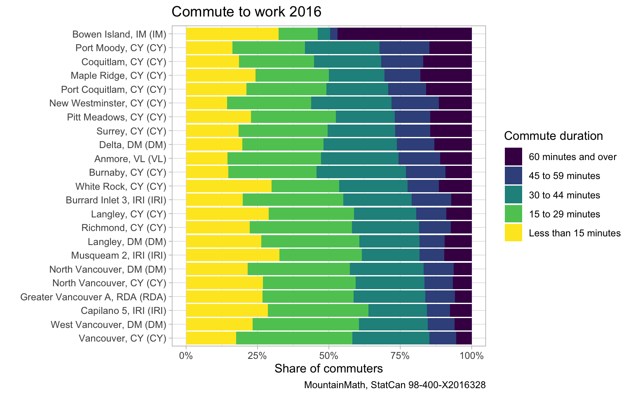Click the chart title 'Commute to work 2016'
[246, 12]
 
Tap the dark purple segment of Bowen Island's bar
[404, 34]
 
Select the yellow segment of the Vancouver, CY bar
[211, 338]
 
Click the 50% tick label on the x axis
[329, 355]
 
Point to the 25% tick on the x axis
[258, 355]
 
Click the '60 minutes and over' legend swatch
[513, 157]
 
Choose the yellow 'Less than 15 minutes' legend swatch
[513, 233]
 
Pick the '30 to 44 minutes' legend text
[565, 195]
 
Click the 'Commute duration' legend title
[553, 136]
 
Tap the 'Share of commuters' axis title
[328, 368]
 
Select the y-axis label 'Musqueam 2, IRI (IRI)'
[119, 255]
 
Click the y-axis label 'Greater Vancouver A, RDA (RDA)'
[93, 297]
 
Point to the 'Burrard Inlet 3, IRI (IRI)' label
[116, 200]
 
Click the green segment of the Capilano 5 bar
[318, 311]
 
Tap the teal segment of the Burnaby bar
[361, 172]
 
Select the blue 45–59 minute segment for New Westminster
[415, 103]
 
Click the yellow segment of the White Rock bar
[229, 186]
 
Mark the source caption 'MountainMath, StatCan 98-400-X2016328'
[395, 385]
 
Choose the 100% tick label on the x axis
[471, 355]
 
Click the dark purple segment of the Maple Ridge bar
[446, 75]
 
